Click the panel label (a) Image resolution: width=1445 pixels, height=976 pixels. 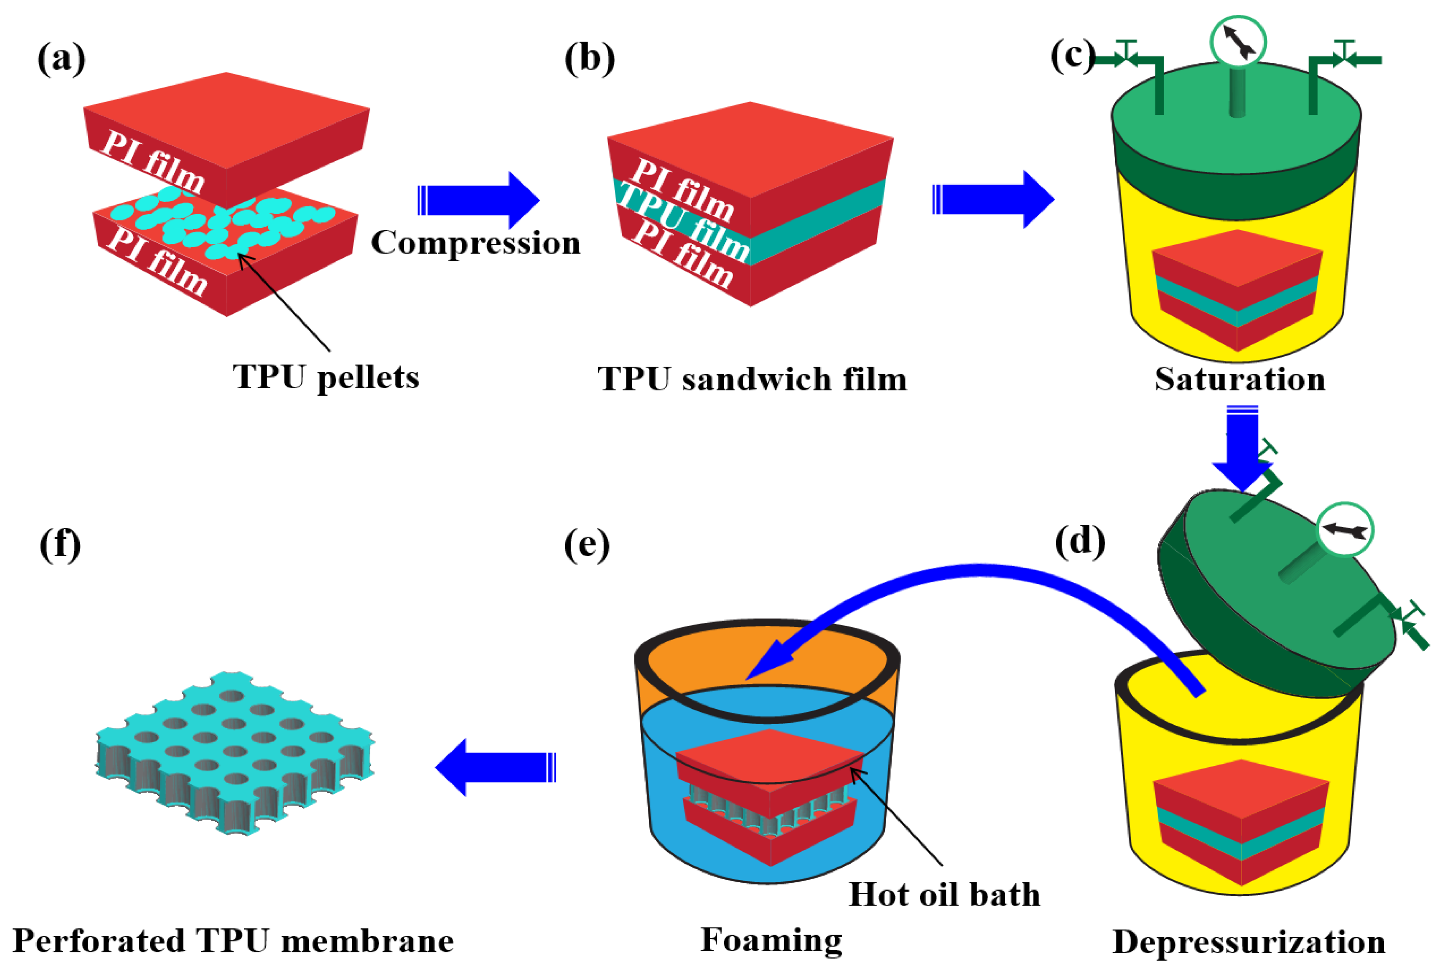tap(61, 59)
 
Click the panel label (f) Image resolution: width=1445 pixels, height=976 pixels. tap(60, 544)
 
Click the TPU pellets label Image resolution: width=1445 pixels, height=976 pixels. tap(326, 377)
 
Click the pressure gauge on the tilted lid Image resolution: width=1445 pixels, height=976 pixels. tap(1345, 530)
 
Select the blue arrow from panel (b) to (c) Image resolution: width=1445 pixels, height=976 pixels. tap(993, 200)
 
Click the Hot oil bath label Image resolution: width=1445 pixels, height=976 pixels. tap(944, 895)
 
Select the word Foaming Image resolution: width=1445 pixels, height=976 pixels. tap(771, 939)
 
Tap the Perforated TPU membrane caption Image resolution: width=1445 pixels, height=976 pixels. tap(233, 941)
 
